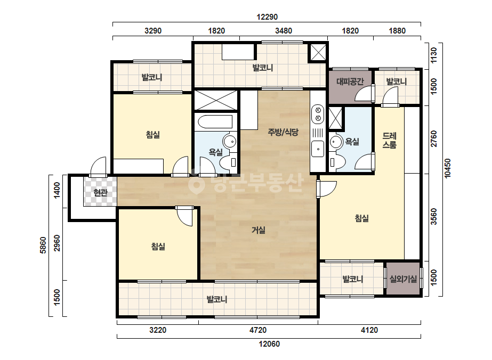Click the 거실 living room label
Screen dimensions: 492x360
[259, 230]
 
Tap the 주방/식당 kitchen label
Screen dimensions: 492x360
[283, 132]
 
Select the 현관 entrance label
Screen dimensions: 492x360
[100, 193]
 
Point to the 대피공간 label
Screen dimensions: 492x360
[350, 81]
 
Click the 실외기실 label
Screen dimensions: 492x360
[403, 279]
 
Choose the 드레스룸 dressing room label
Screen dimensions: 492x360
[390, 140]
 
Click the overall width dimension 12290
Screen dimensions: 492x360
[267, 17]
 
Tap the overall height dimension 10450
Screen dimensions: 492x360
[447, 168]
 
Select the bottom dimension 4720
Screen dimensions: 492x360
[258, 330]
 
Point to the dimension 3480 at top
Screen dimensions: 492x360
[284, 31]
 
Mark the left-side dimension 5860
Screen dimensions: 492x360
[43, 245]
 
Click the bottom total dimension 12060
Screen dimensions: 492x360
[269, 343]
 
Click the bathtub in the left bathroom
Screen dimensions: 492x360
[215, 121]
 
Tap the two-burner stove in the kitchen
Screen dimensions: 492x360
[318, 114]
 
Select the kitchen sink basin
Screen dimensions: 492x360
[318, 149]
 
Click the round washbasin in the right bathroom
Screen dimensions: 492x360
[336, 142]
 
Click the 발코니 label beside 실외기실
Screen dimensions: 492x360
[353, 279]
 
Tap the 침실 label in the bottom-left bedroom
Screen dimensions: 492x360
[158, 247]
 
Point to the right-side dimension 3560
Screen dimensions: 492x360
[434, 216]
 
